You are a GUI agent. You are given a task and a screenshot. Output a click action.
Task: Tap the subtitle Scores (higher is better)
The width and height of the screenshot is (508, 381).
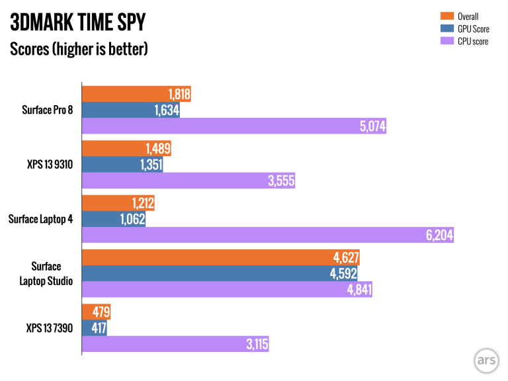tap(79, 50)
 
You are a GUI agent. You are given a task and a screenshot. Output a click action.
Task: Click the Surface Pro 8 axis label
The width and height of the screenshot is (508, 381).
tap(46, 110)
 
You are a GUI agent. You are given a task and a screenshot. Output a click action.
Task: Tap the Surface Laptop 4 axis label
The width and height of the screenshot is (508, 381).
tap(41, 219)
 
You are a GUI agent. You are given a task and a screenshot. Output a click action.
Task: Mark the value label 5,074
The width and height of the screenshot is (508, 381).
tap(371, 126)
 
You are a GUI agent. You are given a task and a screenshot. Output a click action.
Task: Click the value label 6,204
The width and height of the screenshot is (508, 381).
tap(439, 235)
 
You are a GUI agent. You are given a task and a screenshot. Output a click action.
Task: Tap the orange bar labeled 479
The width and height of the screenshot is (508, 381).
tap(95, 312)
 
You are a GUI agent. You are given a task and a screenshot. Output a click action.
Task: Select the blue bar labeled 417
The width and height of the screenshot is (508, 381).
tap(93, 328)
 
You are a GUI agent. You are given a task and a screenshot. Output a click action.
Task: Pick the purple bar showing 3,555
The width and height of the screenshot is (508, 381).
tap(188, 181)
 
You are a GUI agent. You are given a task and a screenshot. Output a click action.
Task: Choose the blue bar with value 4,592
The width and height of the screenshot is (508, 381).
tap(218, 274)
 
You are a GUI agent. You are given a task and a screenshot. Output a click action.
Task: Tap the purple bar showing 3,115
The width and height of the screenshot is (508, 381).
tap(175, 345)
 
